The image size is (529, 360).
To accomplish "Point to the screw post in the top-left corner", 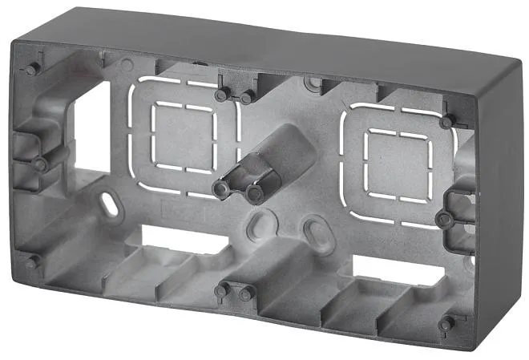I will tap(32, 69).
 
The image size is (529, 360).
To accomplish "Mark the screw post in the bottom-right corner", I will tap(446, 324).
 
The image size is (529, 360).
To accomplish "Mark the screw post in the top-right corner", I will tap(447, 121).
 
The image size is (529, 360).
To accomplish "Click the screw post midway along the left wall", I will tap(39, 164).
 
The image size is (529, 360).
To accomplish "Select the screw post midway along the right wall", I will tap(443, 219).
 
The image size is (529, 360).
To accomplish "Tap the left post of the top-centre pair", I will tap(221, 95).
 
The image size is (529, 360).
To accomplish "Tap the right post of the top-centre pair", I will tap(247, 96).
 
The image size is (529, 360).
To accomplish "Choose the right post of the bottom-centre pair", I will tap(246, 293).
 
